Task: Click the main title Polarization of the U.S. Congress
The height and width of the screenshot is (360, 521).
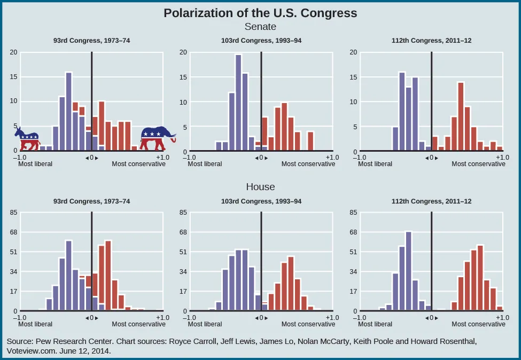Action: (260, 13)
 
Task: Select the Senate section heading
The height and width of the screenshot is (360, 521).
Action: (260, 26)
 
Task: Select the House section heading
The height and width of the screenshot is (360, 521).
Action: (260, 187)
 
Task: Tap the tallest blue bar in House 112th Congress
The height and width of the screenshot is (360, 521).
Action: (408, 271)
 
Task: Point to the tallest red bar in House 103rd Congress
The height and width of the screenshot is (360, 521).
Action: (291, 283)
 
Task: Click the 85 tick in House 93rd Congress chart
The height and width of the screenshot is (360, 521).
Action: (14, 213)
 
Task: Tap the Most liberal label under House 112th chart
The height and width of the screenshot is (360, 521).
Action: (375, 324)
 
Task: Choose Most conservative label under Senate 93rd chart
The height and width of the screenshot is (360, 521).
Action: (138, 164)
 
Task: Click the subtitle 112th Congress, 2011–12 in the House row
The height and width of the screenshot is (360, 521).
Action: (431, 202)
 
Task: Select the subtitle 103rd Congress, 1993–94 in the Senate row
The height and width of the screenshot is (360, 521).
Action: (261, 41)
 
